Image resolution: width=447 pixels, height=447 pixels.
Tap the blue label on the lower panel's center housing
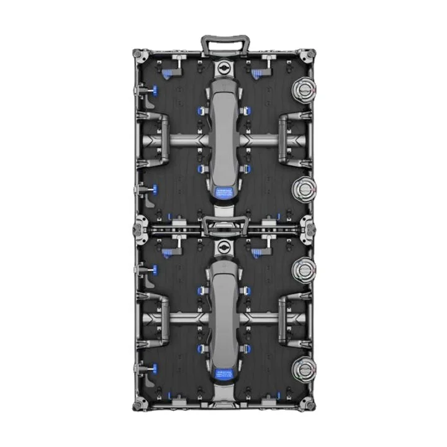(223, 374)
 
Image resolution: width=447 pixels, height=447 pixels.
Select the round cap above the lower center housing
(223, 248)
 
